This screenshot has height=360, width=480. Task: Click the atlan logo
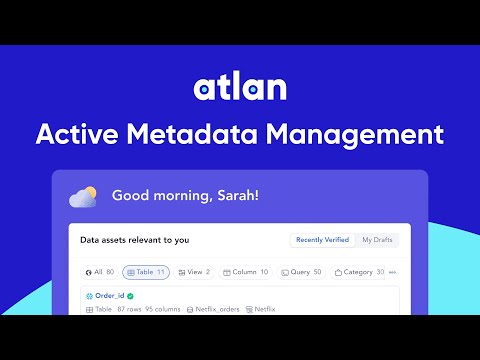click(240, 88)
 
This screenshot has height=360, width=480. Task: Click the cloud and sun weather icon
click(83, 196)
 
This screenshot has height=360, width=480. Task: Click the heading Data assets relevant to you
click(135, 240)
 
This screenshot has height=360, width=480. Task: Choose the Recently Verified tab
click(322, 240)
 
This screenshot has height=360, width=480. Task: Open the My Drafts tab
click(379, 240)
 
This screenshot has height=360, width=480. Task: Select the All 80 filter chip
click(100, 272)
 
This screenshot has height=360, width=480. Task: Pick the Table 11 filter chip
click(146, 272)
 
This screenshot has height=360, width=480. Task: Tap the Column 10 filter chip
click(245, 272)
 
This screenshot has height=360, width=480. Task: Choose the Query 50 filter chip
click(301, 272)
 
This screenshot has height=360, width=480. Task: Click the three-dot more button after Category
click(392, 272)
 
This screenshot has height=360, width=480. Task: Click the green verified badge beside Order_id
click(130, 297)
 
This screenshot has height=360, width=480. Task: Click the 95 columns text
click(161, 310)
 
